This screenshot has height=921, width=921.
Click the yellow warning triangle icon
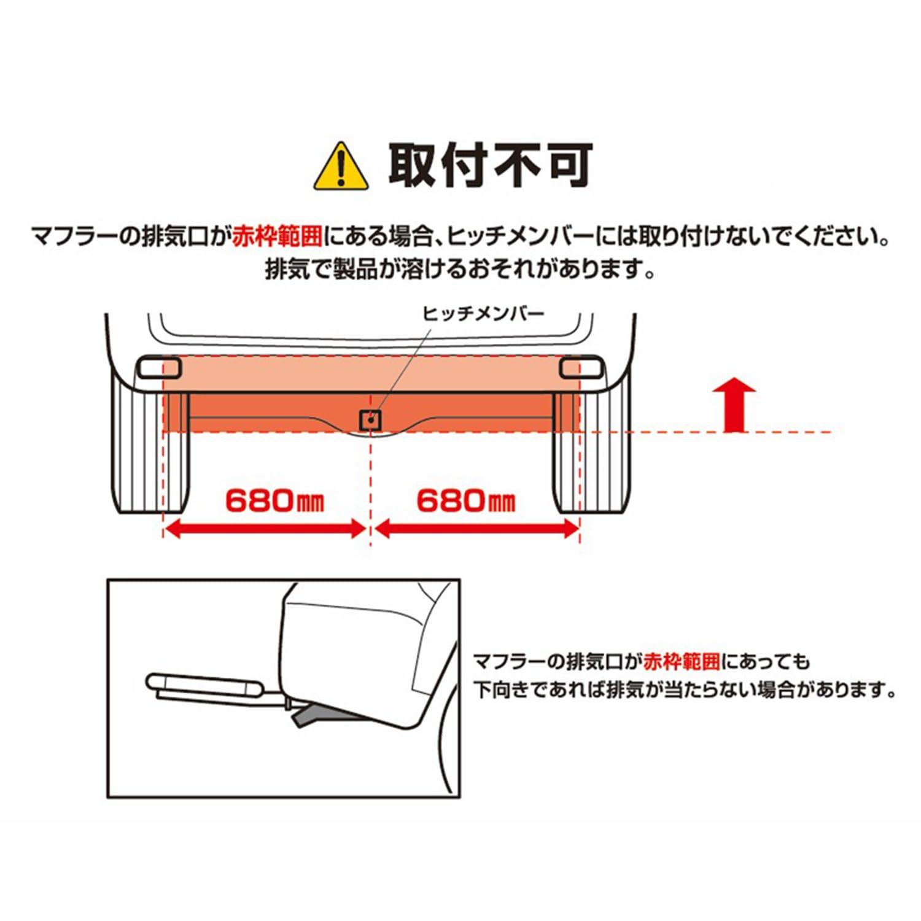[x=341, y=168]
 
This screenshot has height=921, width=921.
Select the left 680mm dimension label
[x=274, y=502]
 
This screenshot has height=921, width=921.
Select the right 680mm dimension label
[x=465, y=502]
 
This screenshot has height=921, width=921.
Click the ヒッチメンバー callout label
[x=483, y=314]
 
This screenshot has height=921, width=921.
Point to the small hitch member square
[x=371, y=420]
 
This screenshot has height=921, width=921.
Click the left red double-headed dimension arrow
[x=265, y=529]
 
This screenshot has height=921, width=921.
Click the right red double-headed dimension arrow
[x=476, y=529]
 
